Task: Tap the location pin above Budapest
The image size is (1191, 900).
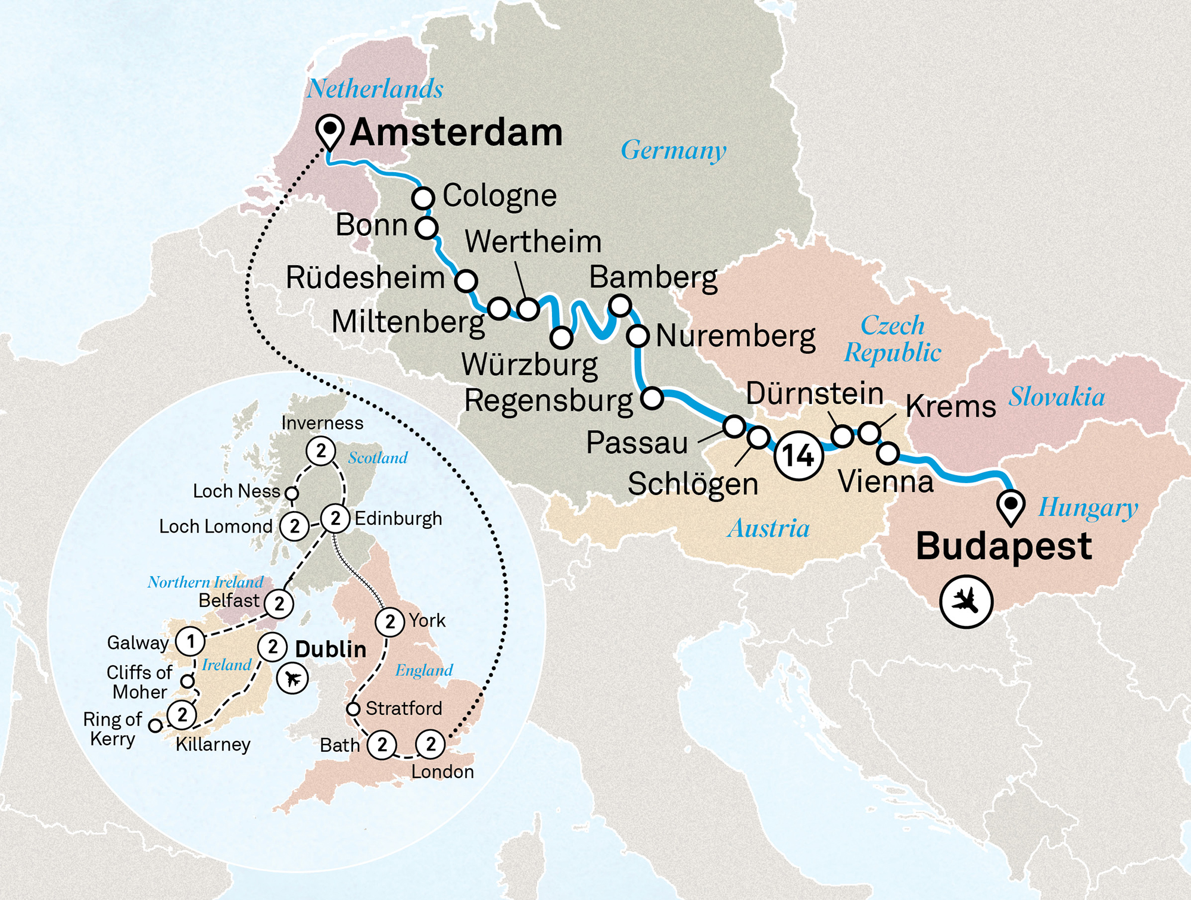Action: click(1011, 506)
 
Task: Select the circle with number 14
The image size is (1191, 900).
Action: click(799, 456)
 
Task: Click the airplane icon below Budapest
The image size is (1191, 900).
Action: click(966, 601)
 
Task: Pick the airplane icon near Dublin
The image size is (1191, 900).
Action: click(292, 678)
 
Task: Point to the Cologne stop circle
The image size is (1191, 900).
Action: click(423, 197)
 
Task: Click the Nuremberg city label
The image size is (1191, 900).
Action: click(735, 337)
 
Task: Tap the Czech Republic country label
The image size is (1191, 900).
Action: click(893, 339)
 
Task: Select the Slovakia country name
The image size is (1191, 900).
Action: click(1056, 397)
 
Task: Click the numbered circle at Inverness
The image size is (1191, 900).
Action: click(321, 451)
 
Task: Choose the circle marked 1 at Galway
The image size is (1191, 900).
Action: click(191, 641)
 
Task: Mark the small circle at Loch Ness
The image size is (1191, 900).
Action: click(292, 493)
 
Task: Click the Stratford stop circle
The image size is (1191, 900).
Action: click(353, 709)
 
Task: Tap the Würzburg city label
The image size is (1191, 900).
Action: click(529, 365)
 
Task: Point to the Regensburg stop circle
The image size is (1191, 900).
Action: click(652, 398)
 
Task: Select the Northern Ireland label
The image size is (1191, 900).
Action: click(205, 582)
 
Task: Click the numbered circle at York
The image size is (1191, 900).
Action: click(390, 622)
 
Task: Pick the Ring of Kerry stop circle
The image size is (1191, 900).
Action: click(155, 725)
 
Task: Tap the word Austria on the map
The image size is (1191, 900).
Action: click(768, 528)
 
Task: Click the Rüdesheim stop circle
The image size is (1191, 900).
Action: click(466, 279)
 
